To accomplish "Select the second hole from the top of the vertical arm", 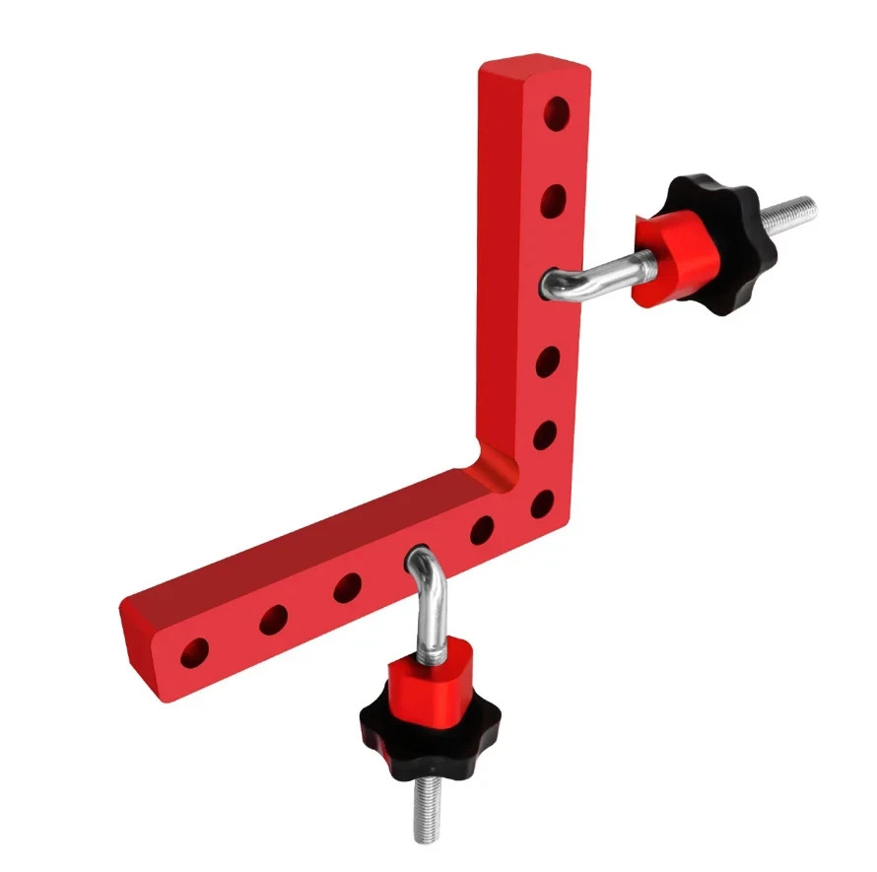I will coord(553,201).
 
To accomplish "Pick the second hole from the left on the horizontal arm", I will coord(273,620).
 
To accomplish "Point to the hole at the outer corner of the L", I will coord(542,504).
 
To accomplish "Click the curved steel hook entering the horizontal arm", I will coord(424,581).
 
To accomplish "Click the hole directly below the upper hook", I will coord(547,363).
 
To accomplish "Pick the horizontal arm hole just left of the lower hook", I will coord(347,588).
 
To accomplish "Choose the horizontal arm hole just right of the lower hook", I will coord(482,530).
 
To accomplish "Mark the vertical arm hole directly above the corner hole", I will coord(544,434).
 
